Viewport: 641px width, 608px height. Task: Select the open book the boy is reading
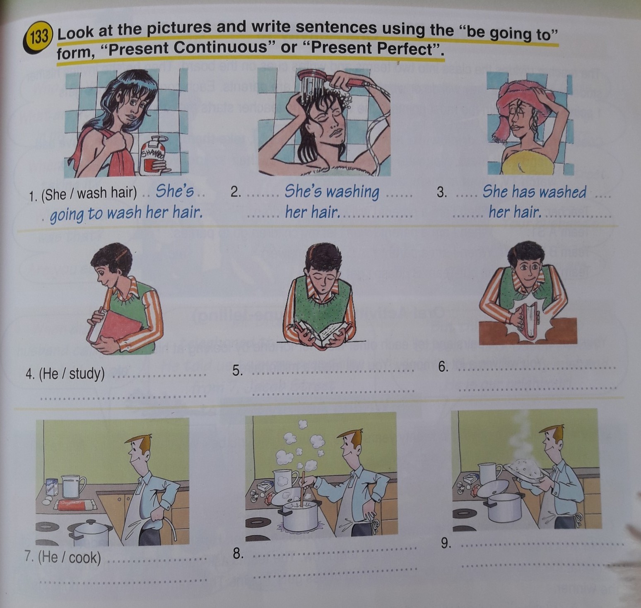click(322, 331)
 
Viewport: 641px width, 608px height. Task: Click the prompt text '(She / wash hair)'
click(89, 193)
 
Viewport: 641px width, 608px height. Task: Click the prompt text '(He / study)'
click(72, 374)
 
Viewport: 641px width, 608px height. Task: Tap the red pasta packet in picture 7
click(78, 504)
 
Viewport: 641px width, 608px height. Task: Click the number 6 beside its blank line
click(443, 367)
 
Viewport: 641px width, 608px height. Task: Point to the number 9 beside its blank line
click(446, 543)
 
